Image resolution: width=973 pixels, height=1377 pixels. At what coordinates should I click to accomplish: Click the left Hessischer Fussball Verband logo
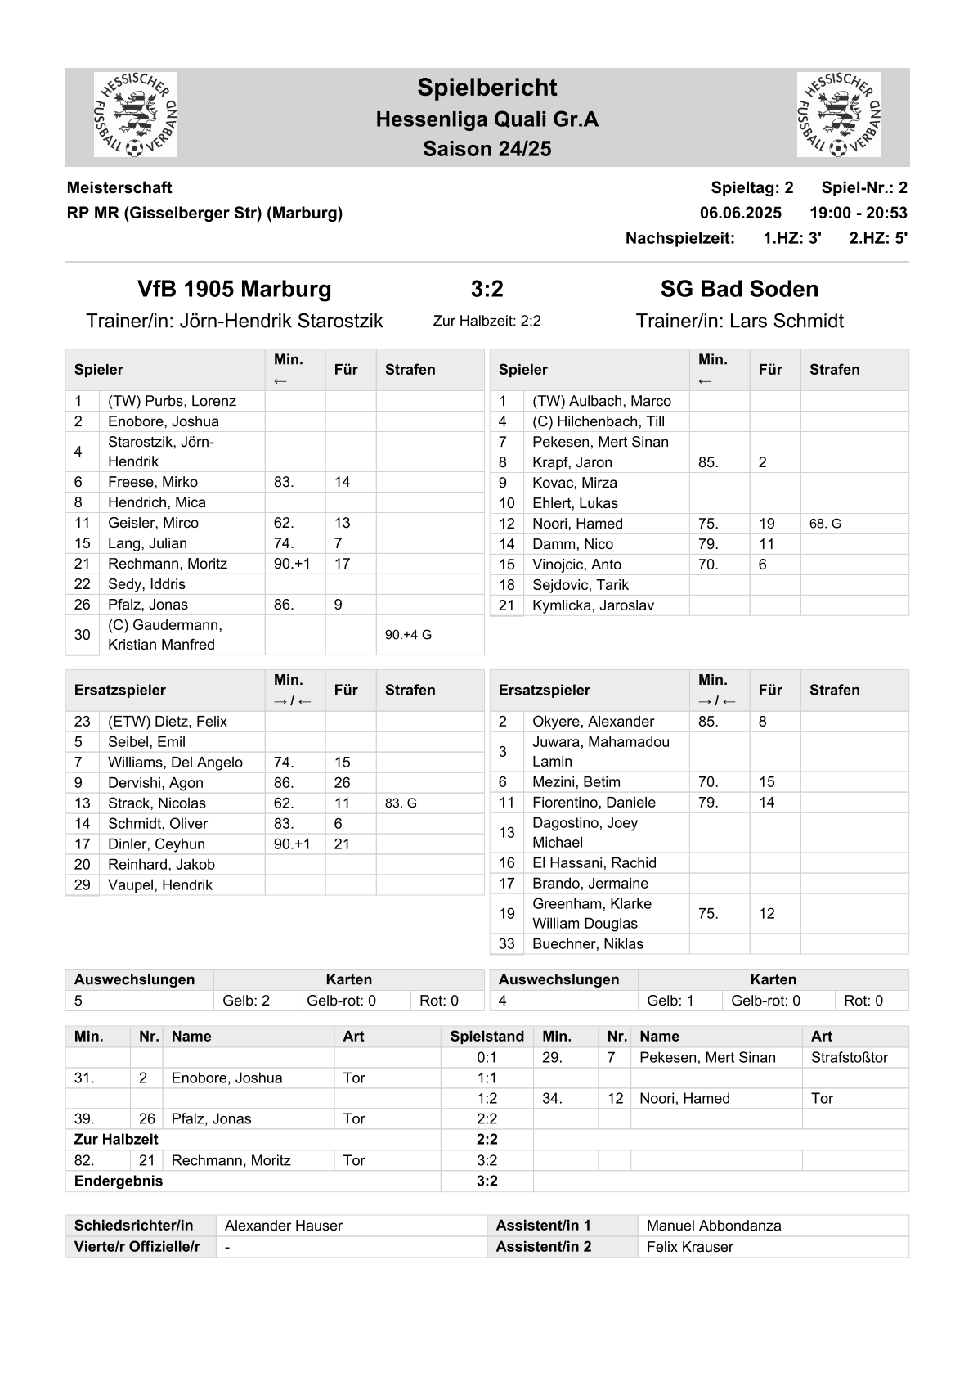tap(136, 115)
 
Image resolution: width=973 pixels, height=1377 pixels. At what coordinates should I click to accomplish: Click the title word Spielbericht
tap(486, 88)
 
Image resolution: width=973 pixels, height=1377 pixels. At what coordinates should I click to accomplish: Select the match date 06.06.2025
tap(740, 213)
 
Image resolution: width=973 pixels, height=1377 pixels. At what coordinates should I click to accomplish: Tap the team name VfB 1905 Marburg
tap(235, 289)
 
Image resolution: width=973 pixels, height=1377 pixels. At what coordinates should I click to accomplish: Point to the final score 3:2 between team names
tap(486, 289)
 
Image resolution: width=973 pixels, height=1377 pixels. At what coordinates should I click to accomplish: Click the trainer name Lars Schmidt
tap(786, 321)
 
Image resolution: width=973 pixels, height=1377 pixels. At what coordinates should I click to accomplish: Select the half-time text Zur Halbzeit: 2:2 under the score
tap(486, 321)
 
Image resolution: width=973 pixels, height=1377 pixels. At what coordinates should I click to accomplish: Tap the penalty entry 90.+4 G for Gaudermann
tap(408, 635)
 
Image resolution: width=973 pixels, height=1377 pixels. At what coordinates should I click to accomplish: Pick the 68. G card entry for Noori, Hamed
tap(825, 524)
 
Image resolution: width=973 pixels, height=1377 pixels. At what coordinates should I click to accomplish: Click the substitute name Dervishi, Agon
tap(155, 783)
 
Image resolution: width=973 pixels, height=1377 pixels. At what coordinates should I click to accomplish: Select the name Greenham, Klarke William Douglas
tap(592, 913)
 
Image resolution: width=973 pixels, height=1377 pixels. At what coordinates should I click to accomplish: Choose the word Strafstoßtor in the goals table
tap(849, 1057)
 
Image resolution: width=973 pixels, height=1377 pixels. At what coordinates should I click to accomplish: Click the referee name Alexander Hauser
tap(283, 1226)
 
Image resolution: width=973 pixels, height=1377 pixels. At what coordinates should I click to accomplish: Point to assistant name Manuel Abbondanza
tap(713, 1226)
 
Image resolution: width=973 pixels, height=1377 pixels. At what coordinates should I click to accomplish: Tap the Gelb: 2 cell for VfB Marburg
tap(246, 1001)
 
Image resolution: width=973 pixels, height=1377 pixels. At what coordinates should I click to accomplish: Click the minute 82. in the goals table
tap(84, 1160)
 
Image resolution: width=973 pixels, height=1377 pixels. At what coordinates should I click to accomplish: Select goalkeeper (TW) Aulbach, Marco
tap(601, 401)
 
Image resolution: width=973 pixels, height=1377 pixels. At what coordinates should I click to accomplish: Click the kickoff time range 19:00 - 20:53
tap(858, 213)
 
